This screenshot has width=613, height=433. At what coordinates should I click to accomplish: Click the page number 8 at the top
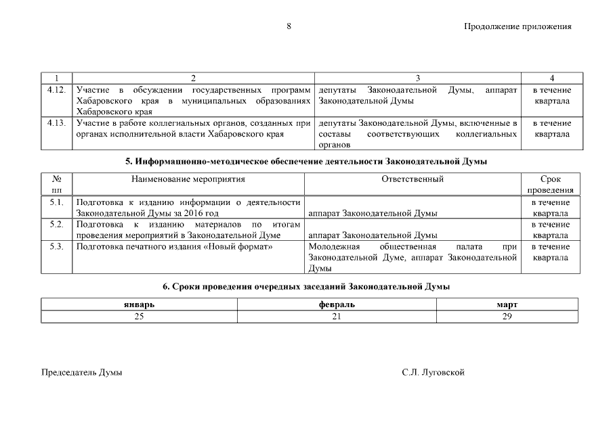click(x=289, y=26)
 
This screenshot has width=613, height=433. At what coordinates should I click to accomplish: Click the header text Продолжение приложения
click(x=517, y=27)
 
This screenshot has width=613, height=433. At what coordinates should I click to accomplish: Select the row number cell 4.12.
click(x=57, y=90)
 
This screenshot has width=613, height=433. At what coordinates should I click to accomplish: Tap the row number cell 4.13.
click(x=57, y=123)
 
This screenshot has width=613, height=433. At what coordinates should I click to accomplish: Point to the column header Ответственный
click(x=413, y=179)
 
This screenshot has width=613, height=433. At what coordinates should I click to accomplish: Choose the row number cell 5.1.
click(x=57, y=202)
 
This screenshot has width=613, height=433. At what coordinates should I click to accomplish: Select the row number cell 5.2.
click(x=57, y=224)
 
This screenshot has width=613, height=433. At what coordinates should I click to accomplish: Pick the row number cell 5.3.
click(x=57, y=246)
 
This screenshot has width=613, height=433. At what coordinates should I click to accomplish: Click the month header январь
click(x=139, y=304)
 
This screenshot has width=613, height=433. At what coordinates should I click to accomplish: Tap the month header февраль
click(x=337, y=304)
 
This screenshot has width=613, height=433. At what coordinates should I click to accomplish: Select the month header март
click(x=507, y=304)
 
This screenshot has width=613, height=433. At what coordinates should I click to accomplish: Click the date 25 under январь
click(x=139, y=316)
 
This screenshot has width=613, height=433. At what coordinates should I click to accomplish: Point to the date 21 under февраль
click(x=337, y=316)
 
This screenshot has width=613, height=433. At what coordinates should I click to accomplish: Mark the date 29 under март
click(x=507, y=316)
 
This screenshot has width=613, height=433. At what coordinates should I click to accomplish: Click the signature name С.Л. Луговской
click(x=433, y=373)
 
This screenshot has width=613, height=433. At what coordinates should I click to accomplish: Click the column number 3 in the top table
click(x=418, y=78)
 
